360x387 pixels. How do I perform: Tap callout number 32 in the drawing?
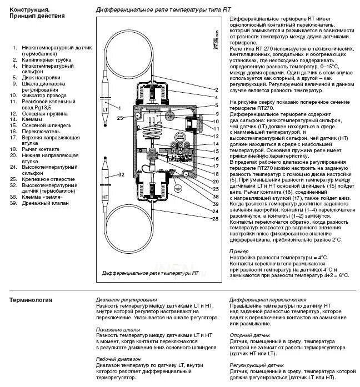[x=122, y=174]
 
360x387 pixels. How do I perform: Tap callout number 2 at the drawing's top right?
[x=215, y=89]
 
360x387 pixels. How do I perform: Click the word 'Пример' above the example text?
[x=239, y=251]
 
